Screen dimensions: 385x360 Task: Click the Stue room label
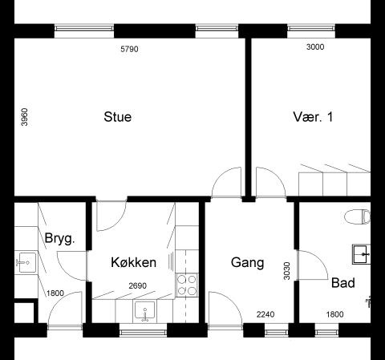point(118,117)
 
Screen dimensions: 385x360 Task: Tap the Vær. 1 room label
point(313,117)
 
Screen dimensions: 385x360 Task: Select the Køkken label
point(134,262)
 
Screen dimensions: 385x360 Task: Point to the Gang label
point(247,263)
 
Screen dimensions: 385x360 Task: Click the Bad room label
point(343,283)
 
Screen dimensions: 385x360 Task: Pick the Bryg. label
point(59,238)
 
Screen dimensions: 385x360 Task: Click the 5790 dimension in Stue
point(130,49)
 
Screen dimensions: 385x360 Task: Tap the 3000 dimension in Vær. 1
point(315,47)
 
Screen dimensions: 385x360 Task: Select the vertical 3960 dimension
point(24,117)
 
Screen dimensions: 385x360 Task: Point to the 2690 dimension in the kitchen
point(138,285)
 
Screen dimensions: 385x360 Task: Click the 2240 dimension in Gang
point(265,314)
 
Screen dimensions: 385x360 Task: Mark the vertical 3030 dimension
point(286,271)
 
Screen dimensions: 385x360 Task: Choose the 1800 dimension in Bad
point(334,314)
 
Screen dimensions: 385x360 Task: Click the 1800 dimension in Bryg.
point(55,293)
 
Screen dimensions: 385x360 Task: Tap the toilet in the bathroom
point(358,216)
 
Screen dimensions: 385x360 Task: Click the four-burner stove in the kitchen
point(187,285)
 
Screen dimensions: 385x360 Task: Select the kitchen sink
point(144,310)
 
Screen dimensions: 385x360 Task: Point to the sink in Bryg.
point(26,263)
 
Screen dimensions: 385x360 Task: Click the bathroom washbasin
point(362,254)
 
